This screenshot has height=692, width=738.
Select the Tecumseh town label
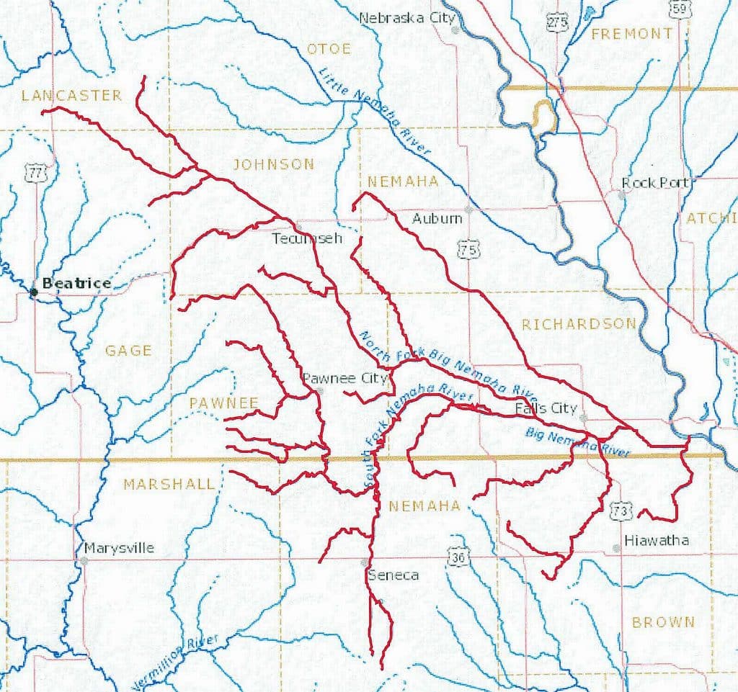[306, 238]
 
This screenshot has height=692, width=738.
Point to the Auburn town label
[437, 217]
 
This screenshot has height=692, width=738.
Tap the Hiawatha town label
[657, 540]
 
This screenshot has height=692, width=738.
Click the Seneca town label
[393, 575]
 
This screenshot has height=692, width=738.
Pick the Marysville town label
[119, 548]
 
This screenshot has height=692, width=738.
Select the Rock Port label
[656, 183]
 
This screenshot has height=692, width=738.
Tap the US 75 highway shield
[468, 250]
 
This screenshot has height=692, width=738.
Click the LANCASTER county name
[71, 96]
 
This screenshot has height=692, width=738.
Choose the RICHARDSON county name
[579, 324]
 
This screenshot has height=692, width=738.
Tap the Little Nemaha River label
[375, 111]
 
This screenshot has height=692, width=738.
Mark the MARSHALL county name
[169, 484]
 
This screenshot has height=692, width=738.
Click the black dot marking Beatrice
[33, 292]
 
